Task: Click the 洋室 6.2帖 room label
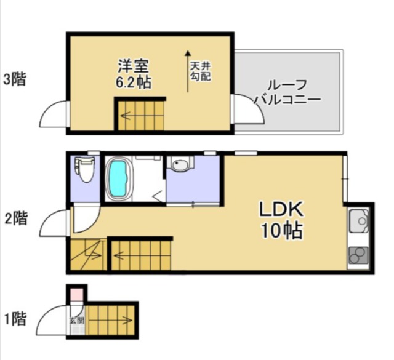click(x=133, y=74)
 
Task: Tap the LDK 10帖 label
click(x=281, y=220)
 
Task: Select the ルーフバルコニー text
click(x=287, y=92)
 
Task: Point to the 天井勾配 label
click(x=200, y=71)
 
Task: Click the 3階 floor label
click(x=15, y=79)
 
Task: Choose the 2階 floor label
click(x=16, y=218)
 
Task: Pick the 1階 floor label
click(x=15, y=319)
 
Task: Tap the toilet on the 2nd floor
click(x=85, y=169)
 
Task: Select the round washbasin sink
click(x=180, y=164)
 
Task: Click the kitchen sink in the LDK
click(x=359, y=221)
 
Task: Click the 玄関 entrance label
click(x=77, y=321)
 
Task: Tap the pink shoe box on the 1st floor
click(x=76, y=294)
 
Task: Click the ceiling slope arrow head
click(x=188, y=53)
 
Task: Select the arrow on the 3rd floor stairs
click(x=126, y=116)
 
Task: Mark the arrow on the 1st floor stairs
click(x=110, y=320)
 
